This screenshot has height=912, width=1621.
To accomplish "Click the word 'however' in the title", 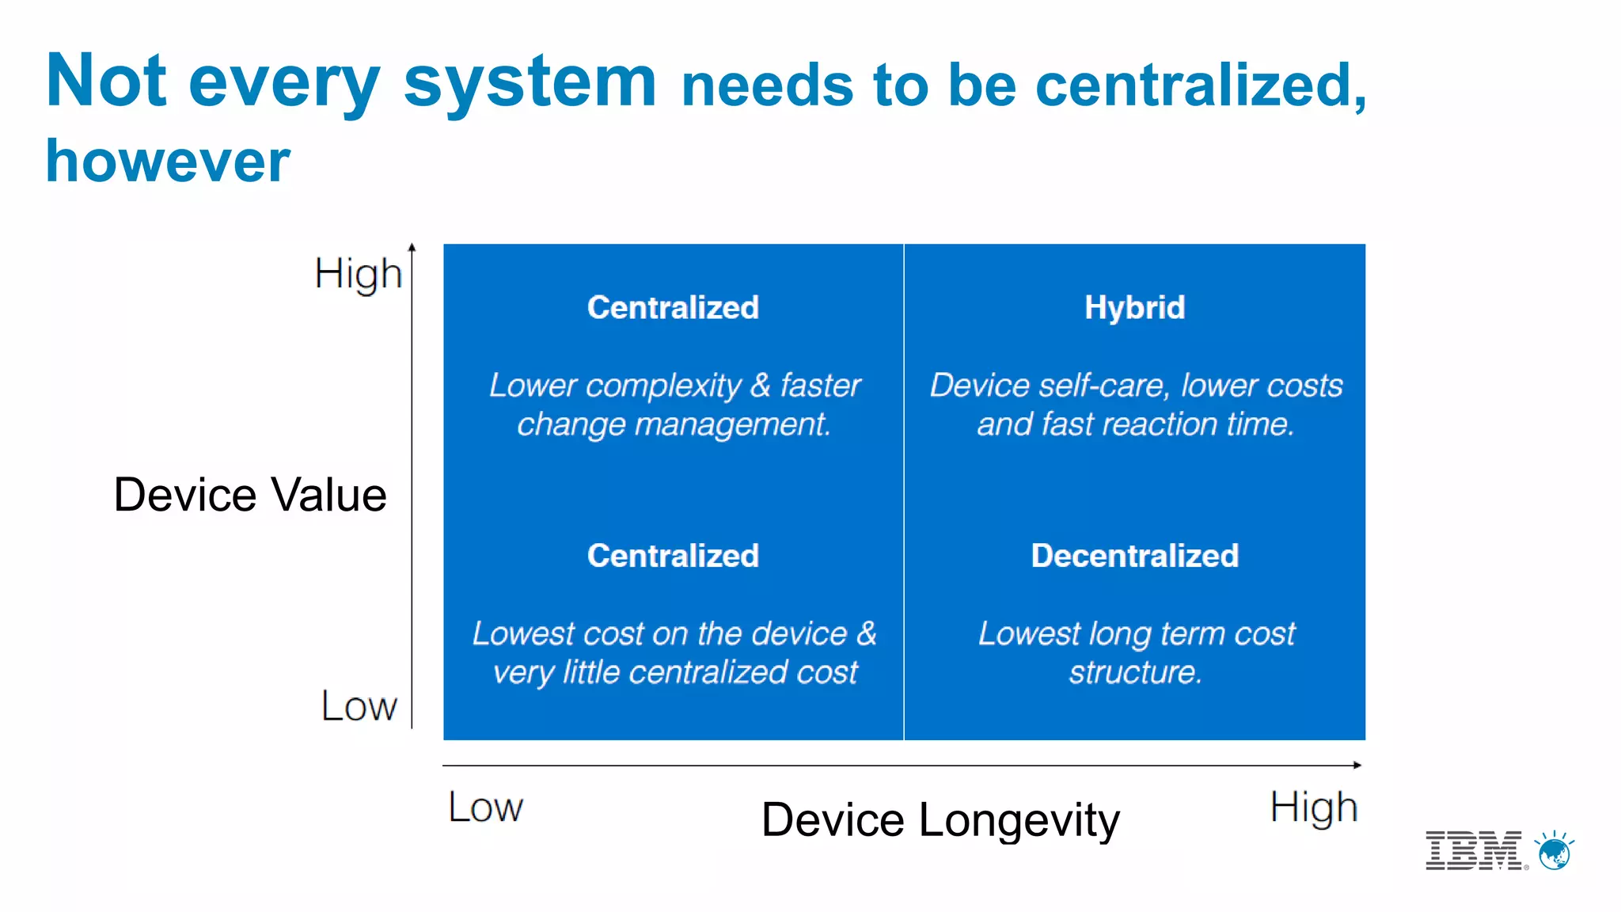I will (168, 161).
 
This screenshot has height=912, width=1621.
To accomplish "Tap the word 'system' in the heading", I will (530, 82).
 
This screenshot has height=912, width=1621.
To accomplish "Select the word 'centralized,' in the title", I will (1201, 85).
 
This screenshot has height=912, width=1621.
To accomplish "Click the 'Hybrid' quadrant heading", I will (1134, 307).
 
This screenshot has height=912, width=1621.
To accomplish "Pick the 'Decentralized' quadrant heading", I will (1134, 556).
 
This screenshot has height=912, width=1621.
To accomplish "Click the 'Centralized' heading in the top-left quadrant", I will (673, 307).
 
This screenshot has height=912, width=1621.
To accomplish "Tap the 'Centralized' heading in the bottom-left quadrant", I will (673, 556).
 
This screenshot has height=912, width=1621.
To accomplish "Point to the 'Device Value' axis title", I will (250, 495).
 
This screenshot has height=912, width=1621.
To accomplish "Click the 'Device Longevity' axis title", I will (940, 819).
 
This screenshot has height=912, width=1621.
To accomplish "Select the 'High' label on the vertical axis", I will (358, 275).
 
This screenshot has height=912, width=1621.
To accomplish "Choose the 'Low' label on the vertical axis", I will (359, 705).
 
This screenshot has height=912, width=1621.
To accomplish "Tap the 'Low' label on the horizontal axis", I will (485, 807).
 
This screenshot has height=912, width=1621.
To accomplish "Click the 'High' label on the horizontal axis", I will (1314, 807).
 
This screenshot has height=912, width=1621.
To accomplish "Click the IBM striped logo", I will (1474, 850).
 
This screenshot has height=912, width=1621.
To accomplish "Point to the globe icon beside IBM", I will (1555, 852).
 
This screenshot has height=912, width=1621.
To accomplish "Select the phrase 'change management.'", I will (674, 424).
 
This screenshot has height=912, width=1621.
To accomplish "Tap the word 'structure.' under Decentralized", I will (1135, 672).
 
